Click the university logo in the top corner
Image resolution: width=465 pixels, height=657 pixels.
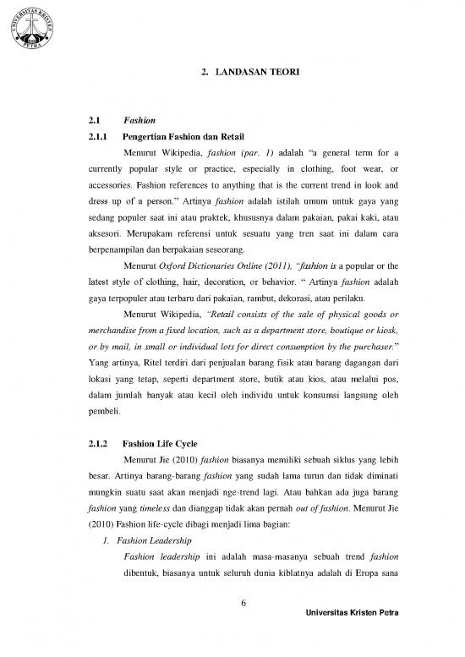coord(31,31)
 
